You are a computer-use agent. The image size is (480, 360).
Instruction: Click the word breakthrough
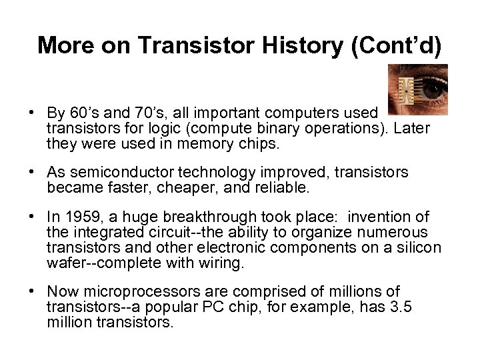207,217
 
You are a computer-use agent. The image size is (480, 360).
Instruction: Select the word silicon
419,248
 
